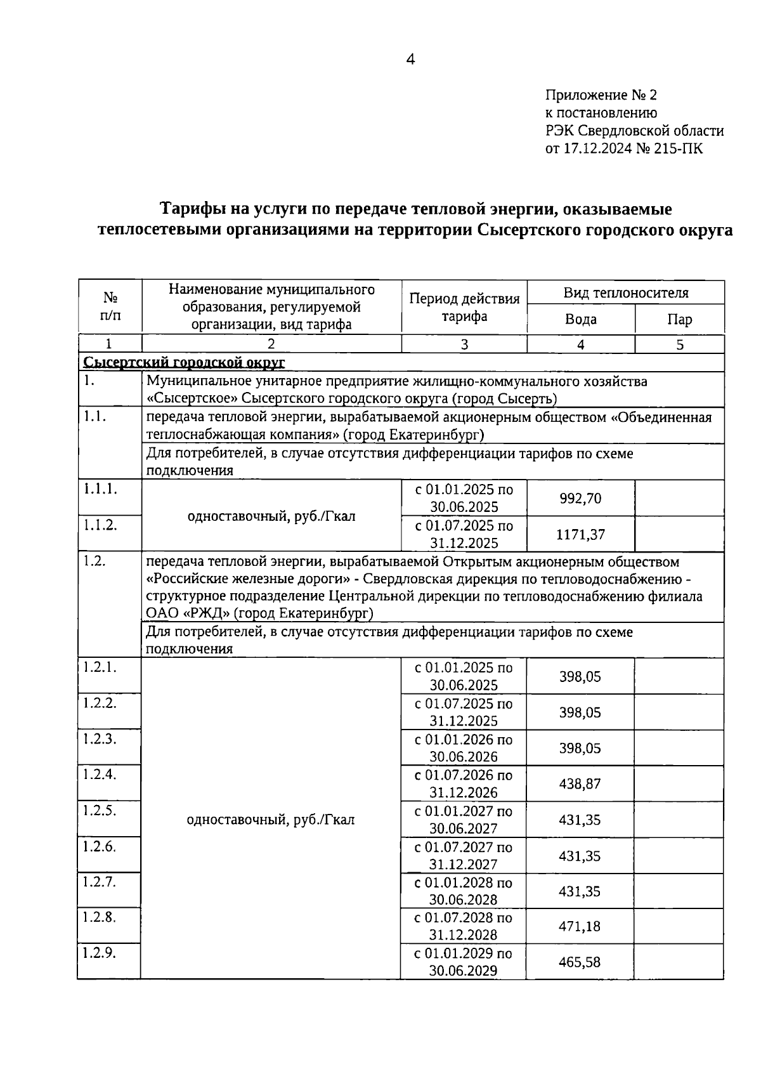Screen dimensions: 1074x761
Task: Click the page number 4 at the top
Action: point(410,60)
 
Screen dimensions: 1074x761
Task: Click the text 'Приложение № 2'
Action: point(601,95)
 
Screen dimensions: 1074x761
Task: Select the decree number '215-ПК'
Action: point(682,148)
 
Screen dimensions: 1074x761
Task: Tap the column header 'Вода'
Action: point(580,319)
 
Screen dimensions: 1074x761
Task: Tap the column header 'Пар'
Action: point(679,319)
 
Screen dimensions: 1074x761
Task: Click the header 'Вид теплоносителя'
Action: point(625,292)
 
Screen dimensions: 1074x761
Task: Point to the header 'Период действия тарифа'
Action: point(464,307)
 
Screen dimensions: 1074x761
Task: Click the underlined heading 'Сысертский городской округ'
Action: point(185,362)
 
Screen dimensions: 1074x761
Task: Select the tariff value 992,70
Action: point(580,498)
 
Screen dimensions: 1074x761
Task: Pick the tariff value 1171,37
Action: point(580,534)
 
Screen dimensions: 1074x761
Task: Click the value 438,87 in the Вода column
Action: point(580,784)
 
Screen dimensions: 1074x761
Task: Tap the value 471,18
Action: point(580,926)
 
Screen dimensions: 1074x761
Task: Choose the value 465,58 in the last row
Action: point(580,962)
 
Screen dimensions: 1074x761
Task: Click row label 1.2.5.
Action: point(100,810)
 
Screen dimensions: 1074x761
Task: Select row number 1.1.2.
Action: point(100,525)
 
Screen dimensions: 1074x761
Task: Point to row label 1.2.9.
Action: point(100,953)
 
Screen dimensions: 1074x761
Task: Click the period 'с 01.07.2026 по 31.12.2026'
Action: point(463,783)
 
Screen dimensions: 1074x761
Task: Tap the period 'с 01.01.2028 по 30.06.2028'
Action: point(463,891)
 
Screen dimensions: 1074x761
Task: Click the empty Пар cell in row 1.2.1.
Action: point(679,676)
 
